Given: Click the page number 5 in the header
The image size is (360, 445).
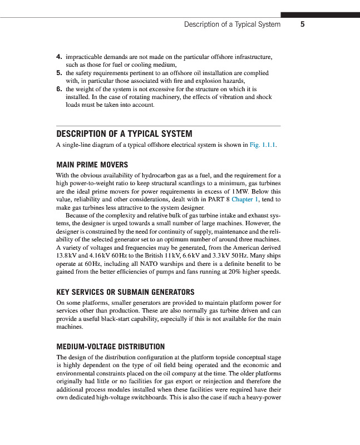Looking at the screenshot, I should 302,24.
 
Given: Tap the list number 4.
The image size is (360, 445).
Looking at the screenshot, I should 59,57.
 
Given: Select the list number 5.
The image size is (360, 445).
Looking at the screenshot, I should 59,72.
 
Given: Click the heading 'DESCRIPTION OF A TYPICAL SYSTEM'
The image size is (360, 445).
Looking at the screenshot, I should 124,134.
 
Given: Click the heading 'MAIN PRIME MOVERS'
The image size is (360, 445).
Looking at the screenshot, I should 92,165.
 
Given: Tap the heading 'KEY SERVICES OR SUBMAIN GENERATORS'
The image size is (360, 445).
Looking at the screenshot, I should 125,291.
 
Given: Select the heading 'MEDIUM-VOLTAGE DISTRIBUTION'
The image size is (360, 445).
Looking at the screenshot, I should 111,346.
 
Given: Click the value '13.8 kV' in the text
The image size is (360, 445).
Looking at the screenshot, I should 66,253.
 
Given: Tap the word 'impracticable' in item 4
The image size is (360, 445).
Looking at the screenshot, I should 84,57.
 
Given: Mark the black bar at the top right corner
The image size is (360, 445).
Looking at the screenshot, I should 320,15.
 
